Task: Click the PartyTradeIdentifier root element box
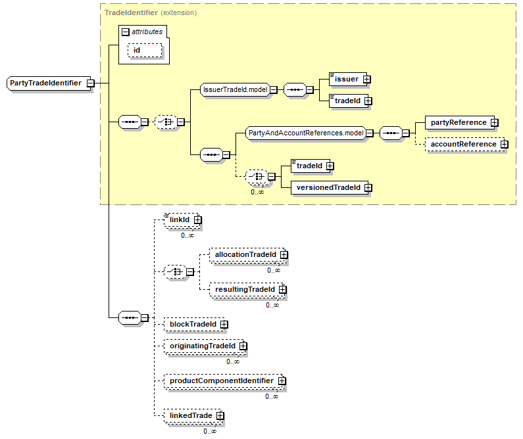point(45,83)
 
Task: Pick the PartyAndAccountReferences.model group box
point(305,133)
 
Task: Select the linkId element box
point(178,219)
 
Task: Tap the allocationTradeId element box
point(245,254)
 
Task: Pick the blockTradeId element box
point(192,324)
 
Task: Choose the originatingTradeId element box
point(201,346)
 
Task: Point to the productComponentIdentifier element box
point(221,381)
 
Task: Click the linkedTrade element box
point(189,416)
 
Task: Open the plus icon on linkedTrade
point(220,416)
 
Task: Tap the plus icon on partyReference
point(494,122)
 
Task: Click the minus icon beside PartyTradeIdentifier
point(89,83)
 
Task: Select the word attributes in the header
point(147,31)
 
